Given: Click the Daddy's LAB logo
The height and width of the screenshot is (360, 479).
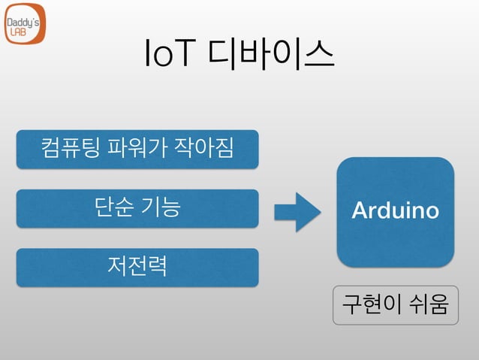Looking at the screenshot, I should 25,27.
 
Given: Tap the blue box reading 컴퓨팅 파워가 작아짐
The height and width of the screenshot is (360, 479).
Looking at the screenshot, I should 137,148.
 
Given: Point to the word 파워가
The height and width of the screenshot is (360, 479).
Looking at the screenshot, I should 137,148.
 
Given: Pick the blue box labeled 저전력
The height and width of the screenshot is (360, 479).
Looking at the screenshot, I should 137,267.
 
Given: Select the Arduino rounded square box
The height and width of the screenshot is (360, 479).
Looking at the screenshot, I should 395,211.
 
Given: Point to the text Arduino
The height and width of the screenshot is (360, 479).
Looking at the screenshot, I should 395,211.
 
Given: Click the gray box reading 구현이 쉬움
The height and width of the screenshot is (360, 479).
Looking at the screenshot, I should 395,304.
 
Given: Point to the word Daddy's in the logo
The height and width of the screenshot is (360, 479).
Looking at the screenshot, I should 24,22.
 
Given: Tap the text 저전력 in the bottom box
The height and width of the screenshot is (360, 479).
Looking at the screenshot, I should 137,267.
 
